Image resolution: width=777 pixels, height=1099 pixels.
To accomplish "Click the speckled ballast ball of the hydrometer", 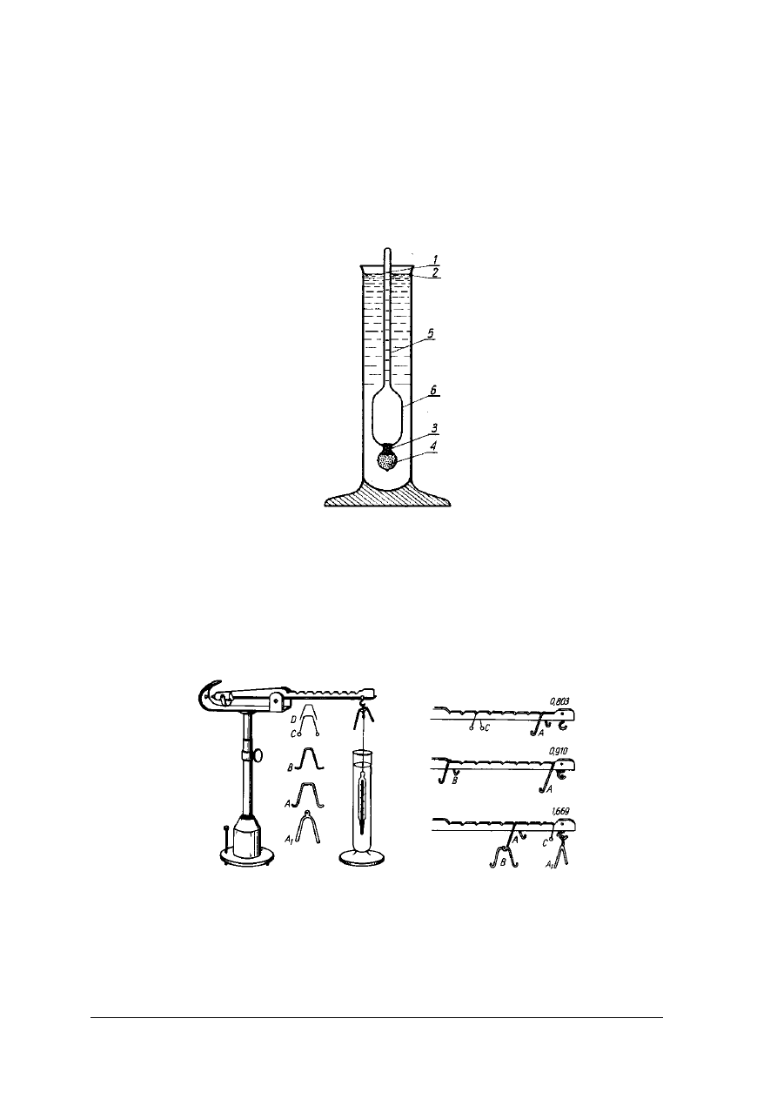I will [x=388, y=458].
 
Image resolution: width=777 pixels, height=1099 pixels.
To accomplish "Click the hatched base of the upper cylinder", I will [x=388, y=499].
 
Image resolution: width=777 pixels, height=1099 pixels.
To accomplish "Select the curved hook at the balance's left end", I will [x=205, y=700].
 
